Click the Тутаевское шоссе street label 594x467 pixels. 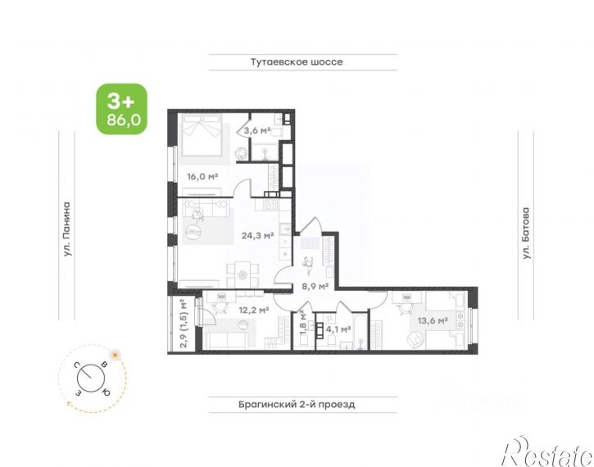(297, 62)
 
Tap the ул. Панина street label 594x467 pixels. (66, 229)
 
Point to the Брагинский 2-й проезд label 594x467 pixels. (297, 405)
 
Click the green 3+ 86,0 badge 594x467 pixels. (121, 109)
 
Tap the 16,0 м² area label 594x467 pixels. (202, 176)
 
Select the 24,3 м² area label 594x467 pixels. (257, 236)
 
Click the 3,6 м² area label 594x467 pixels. (256, 130)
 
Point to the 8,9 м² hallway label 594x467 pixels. (315, 286)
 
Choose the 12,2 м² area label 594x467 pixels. (253, 311)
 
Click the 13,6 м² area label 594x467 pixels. (433, 321)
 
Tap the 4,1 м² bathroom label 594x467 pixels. (338, 329)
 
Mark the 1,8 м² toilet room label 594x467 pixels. (302, 323)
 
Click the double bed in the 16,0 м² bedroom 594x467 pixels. (202, 134)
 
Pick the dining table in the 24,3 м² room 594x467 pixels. (243, 274)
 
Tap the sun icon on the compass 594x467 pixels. (115, 355)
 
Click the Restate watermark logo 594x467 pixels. (546, 452)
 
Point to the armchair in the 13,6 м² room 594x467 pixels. (415, 339)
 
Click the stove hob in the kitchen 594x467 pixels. (271, 205)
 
